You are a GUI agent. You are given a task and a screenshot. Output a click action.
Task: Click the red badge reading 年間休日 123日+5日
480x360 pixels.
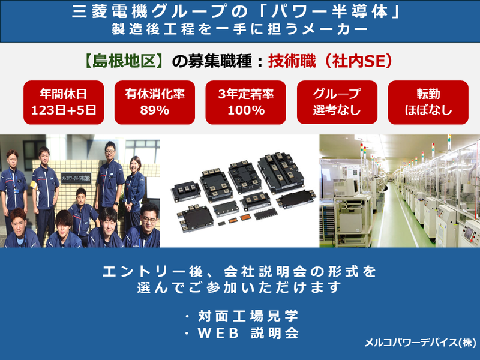tap(64, 101)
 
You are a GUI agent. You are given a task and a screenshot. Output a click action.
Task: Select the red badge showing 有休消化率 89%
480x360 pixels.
tap(154, 101)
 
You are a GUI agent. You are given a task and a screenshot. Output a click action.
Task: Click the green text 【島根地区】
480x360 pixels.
tap(123, 61)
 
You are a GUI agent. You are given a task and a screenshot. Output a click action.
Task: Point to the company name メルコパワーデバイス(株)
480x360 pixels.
tap(419, 343)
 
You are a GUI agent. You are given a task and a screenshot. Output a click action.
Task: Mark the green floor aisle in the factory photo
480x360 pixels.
tap(389, 228)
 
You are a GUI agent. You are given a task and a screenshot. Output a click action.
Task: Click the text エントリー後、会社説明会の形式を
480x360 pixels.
tap(240, 271)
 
